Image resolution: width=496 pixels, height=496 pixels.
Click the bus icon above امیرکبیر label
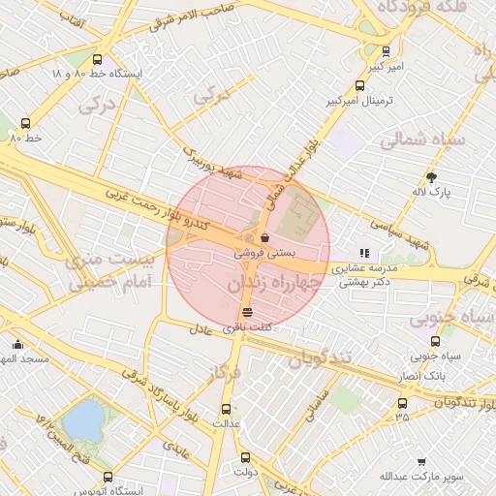pos(387,51)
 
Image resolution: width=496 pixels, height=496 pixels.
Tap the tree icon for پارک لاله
pos(431,176)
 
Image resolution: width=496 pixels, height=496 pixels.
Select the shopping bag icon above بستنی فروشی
pos(264,237)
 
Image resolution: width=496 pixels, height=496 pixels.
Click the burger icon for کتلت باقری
pos(248,312)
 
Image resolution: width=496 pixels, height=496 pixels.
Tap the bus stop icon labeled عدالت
pos(227,409)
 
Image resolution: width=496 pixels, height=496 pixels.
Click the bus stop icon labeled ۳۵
pos(402,403)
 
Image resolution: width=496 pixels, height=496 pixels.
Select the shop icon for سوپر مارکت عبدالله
pos(421,463)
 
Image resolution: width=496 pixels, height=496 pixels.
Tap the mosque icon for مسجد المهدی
pos(17,344)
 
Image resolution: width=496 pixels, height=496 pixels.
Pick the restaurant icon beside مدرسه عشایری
pos(365,253)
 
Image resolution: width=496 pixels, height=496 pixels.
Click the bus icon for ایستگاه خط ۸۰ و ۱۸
pos(95,58)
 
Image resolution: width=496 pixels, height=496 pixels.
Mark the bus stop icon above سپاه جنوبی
pos(435,341)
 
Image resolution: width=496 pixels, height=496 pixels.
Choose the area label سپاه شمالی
pos(421,139)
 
